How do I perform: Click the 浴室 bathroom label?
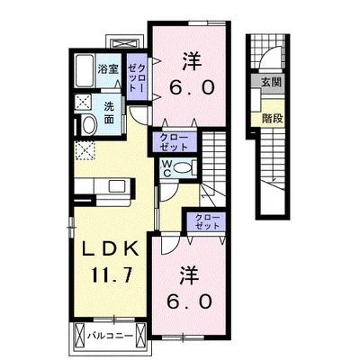[108, 69]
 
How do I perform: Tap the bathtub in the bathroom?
[84, 71]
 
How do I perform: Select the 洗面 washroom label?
[109, 113]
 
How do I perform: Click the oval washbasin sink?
[89, 125]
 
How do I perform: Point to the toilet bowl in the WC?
[184, 167]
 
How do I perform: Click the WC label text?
[166, 168]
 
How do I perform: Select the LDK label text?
[111, 248]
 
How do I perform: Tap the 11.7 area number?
[112, 274]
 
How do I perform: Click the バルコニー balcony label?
[111, 336]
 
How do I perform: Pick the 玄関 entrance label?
[271, 82]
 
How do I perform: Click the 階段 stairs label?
[273, 119]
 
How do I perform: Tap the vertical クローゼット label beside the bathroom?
[137, 77]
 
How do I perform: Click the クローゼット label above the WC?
[174, 142]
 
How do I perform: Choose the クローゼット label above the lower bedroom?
[207, 221]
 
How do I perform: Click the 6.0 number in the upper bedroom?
[192, 88]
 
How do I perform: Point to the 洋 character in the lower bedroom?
[190, 276]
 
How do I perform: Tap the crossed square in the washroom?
[83, 102]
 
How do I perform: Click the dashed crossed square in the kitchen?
[85, 150]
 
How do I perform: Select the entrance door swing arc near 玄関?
[269, 57]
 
